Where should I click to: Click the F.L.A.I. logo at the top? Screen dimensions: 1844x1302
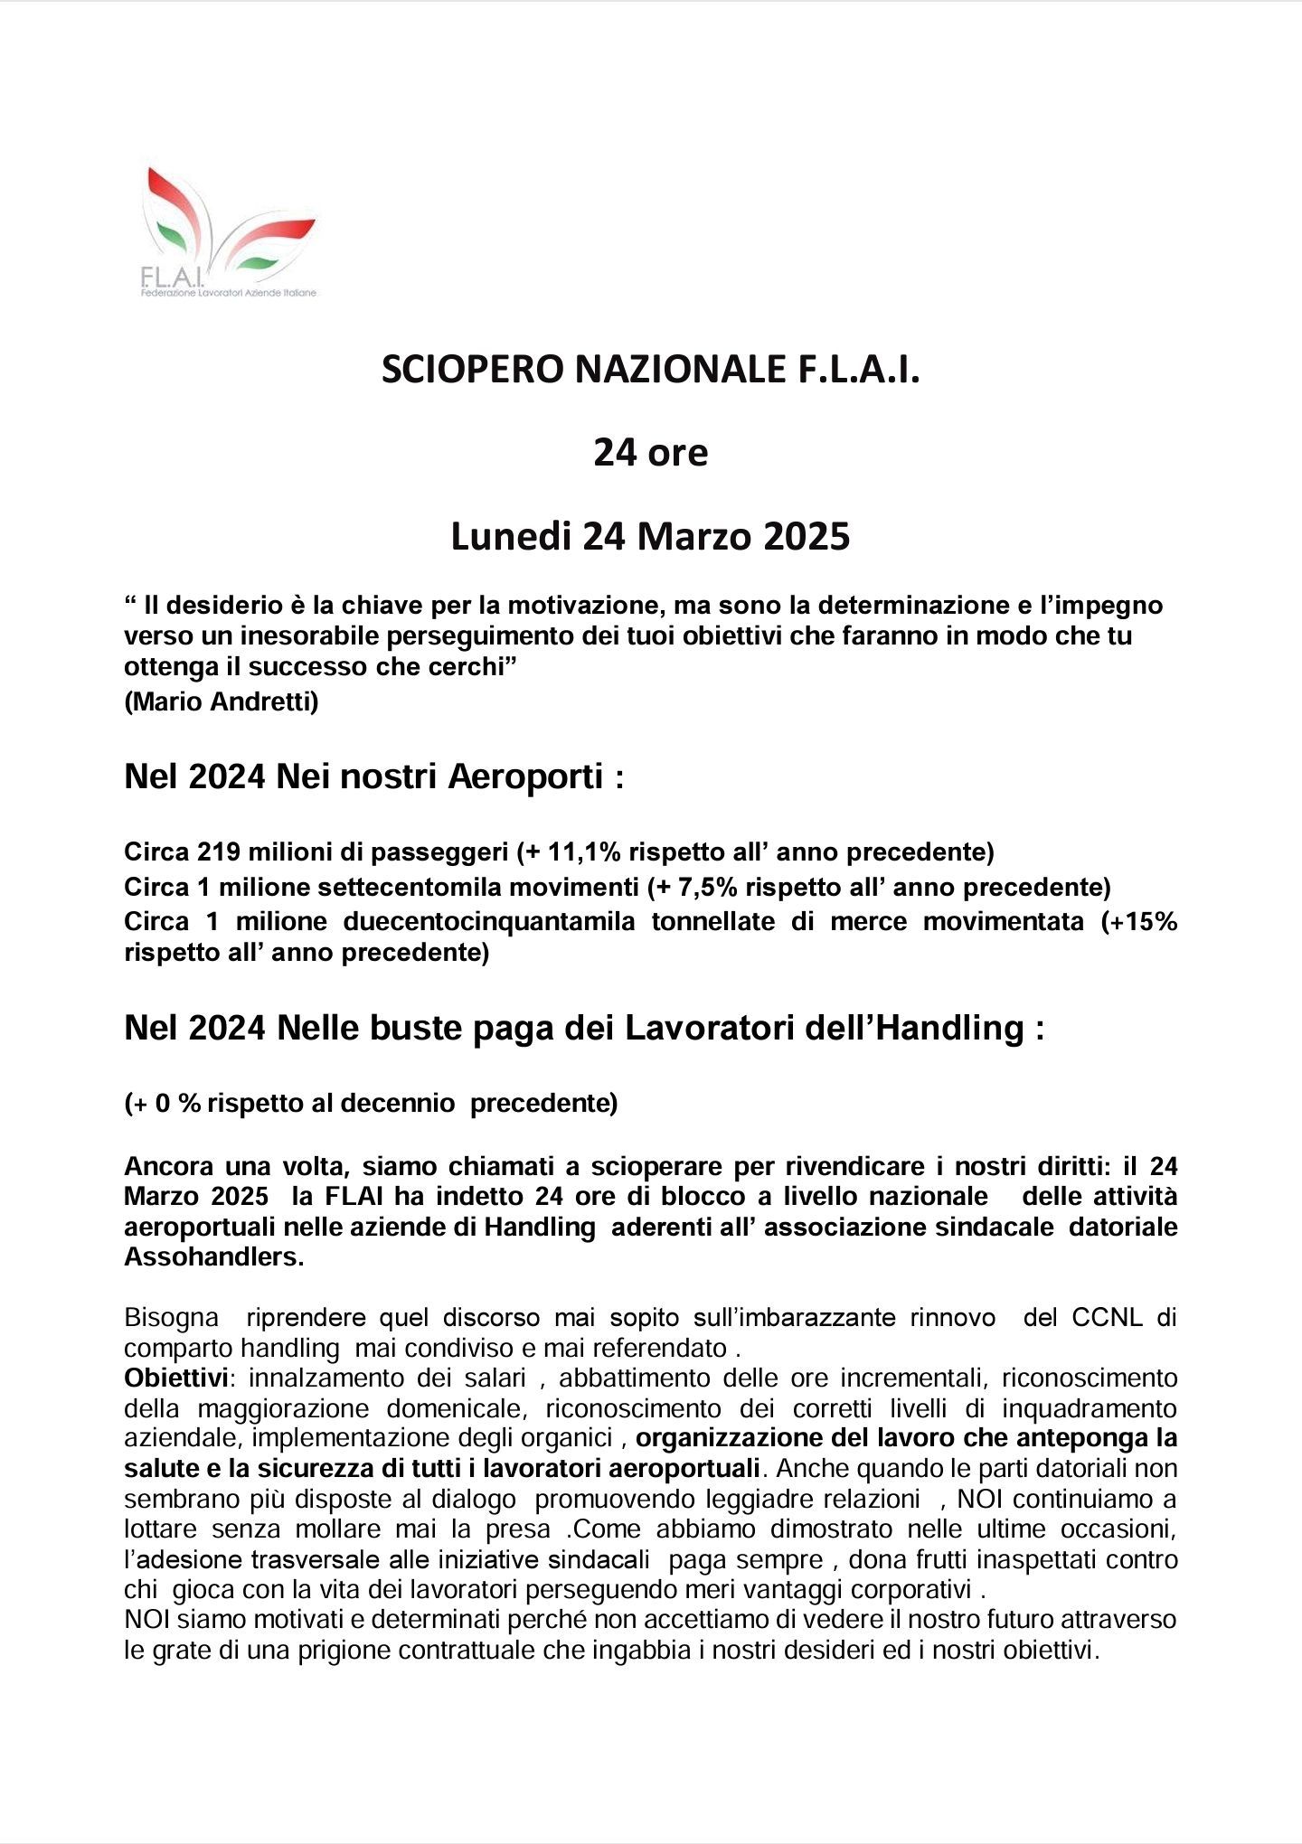coord(229,232)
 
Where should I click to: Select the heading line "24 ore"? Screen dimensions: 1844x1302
coord(650,453)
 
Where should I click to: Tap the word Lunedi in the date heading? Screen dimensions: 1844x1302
coord(510,537)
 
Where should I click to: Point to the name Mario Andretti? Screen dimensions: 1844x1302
coord(222,701)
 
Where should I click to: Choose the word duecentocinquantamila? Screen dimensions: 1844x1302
coord(489,921)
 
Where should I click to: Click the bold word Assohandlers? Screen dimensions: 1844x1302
coord(213,1257)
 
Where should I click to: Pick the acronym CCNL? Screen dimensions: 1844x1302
coord(1107,1317)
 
